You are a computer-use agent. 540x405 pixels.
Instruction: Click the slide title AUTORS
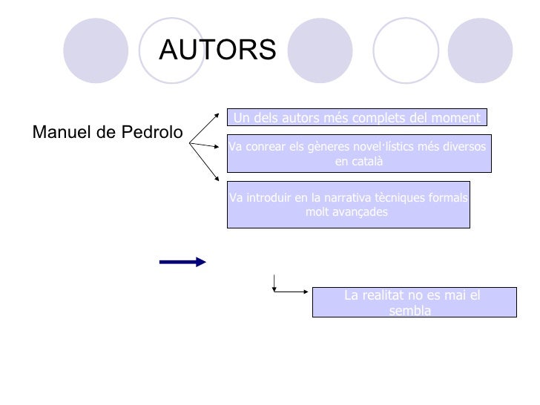(x=217, y=50)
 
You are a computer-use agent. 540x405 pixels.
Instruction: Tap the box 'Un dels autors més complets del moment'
(x=357, y=117)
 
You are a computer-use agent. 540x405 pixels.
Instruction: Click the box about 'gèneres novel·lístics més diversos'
(x=358, y=154)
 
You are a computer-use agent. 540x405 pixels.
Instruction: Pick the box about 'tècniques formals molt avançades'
(x=349, y=204)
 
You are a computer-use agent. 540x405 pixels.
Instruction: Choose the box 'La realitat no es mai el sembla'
(x=413, y=303)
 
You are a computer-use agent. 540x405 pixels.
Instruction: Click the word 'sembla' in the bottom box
(x=409, y=311)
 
